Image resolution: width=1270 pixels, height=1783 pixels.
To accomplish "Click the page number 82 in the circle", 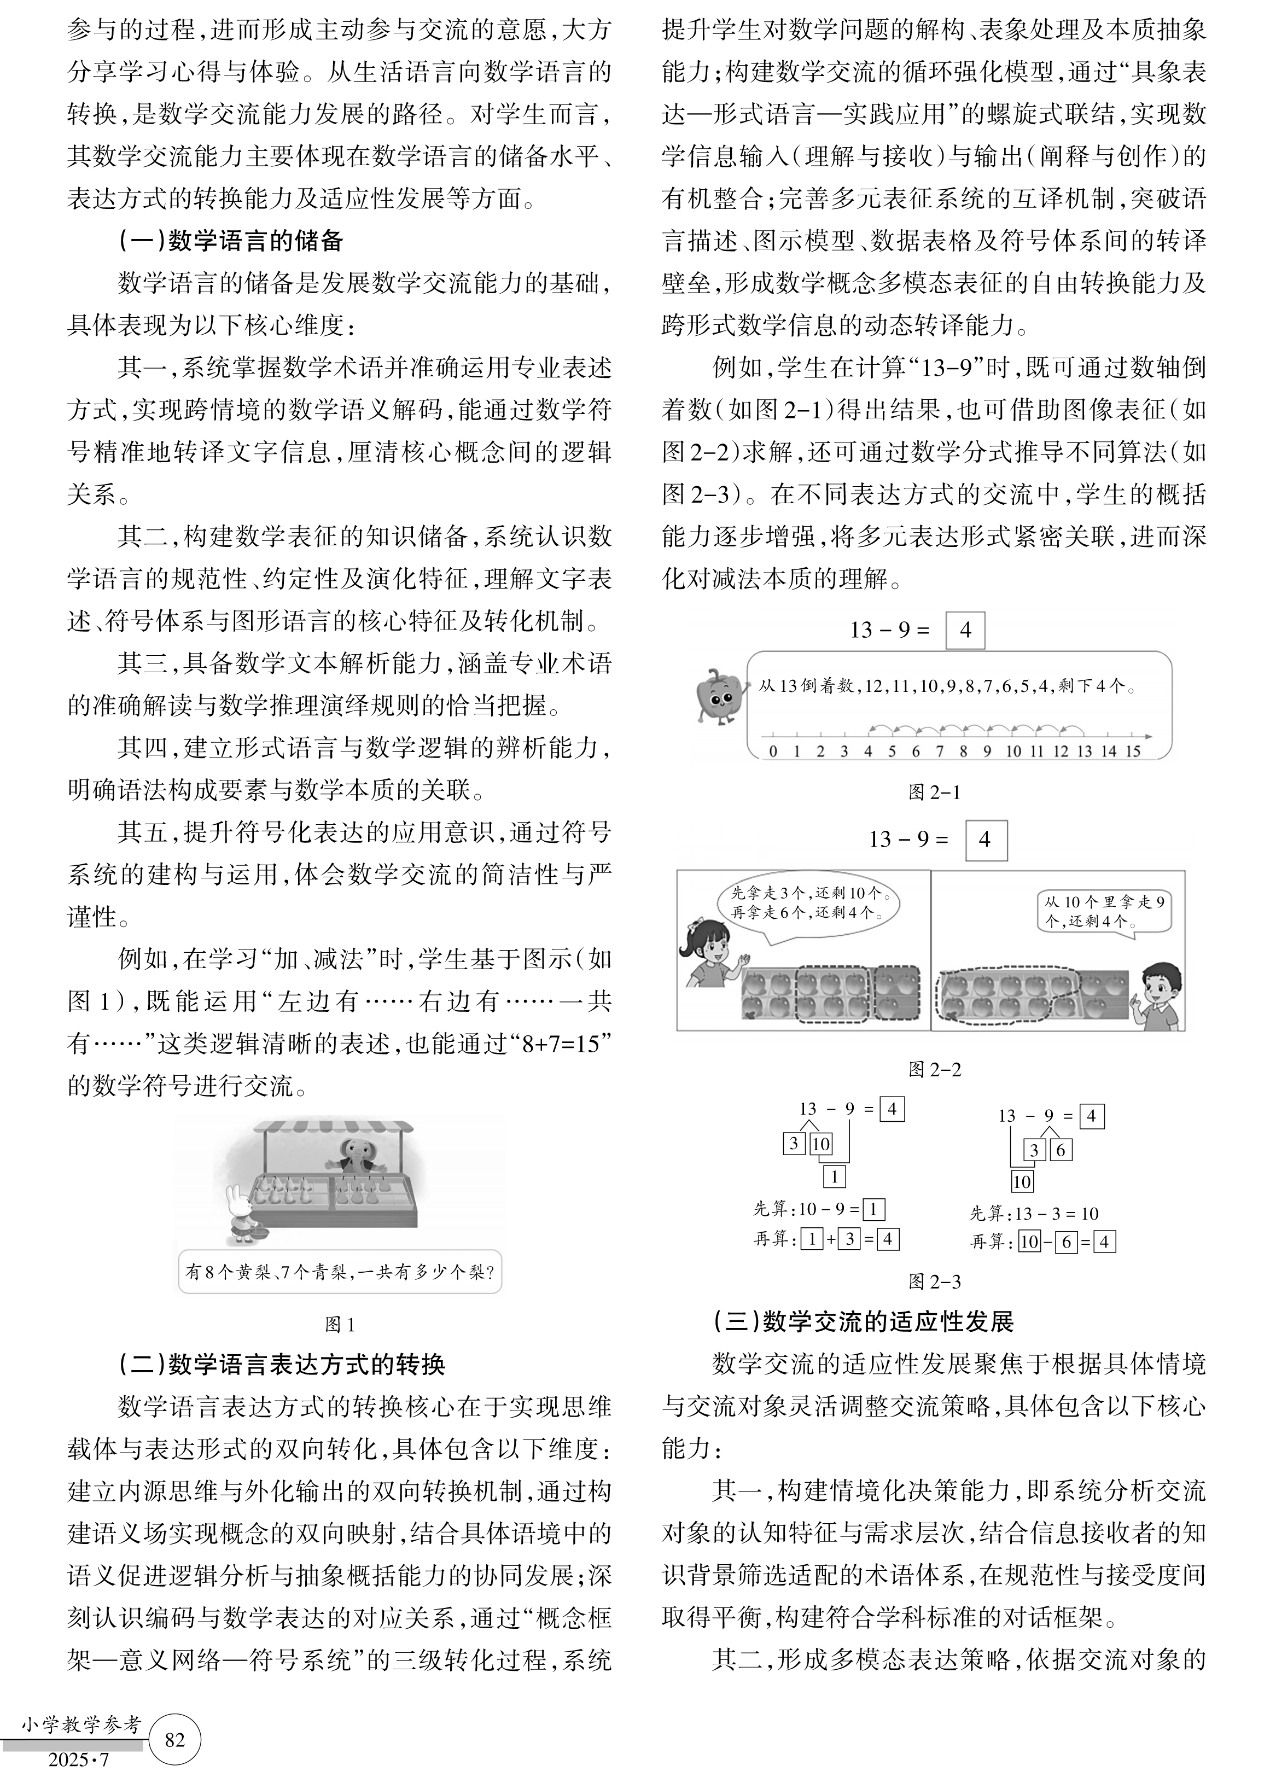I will pos(175,1739).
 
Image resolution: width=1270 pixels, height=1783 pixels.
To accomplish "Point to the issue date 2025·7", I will pos(78,1759).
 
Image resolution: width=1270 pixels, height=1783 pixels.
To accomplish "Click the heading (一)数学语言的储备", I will pos(231,241).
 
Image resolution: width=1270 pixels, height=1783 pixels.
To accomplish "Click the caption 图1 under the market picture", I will pos(340,1324).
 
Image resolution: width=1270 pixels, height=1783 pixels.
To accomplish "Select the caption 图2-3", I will pos(935,1281).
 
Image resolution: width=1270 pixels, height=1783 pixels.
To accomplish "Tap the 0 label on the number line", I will pos(773,751).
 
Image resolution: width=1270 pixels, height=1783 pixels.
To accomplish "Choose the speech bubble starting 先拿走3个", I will pos(807,902).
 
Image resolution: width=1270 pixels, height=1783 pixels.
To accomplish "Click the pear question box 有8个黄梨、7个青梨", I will pos(340,1272).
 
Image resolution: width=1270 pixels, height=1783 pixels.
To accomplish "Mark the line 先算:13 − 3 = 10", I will pos(1034,1214).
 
